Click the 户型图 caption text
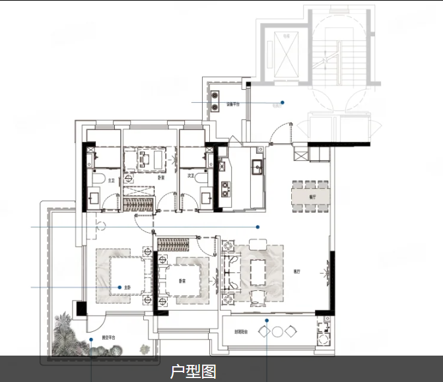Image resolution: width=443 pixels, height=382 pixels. point(193,371)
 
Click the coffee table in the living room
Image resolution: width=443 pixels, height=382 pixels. point(257,271)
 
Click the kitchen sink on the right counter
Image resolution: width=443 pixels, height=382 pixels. point(256,165)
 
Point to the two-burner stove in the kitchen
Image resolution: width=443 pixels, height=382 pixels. point(225,189)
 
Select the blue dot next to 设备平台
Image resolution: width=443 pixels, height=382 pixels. point(283,102)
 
